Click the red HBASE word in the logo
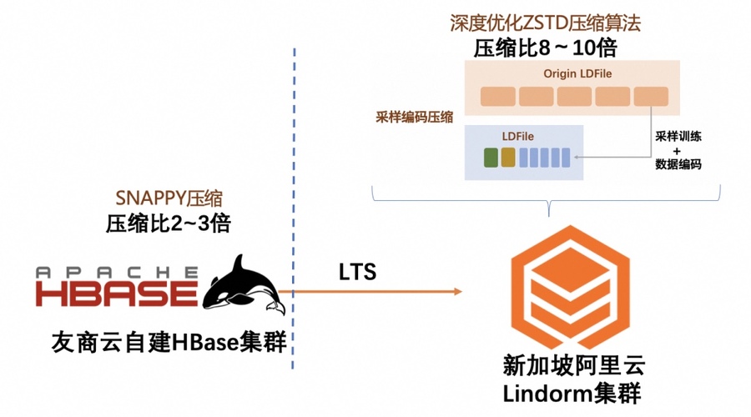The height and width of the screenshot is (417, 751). click(117, 294)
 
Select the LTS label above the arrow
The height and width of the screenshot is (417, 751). click(357, 273)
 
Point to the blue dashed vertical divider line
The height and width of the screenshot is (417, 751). click(295, 208)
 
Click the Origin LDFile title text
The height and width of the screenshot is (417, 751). click(577, 73)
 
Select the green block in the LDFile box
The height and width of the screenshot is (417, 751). click(490, 156)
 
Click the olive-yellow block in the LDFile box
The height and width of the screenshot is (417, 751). click(508, 156)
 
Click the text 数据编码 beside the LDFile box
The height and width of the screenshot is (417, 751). click(678, 165)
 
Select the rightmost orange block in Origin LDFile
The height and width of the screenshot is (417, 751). click(650, 96)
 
